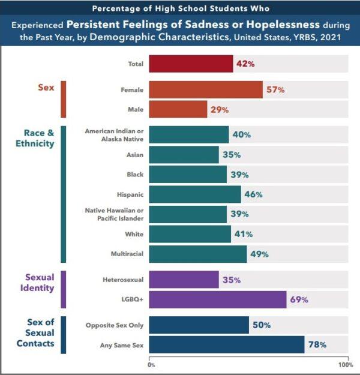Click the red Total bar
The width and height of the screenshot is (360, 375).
coord(190,64)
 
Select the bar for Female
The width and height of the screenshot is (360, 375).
coord(205,89)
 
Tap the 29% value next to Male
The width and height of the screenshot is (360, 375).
coord(220,110)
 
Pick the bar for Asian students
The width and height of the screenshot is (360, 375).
coord(183,155)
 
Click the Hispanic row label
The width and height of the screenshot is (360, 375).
coord(130,194)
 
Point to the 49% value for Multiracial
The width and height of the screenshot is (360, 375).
coord(259,254)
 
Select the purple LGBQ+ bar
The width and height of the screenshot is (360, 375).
coord(217,299)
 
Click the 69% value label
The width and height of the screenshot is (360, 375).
coord(300,299)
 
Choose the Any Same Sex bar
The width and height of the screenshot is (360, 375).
coord(226,345)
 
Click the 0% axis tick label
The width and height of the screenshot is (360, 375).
coord(151,364)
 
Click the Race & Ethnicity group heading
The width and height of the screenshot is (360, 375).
coord(39,138)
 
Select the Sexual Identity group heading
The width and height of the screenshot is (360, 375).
coord(39,283)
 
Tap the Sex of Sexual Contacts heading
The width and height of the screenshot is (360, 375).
coord(39,333)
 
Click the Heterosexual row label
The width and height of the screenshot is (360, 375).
coord(119,280)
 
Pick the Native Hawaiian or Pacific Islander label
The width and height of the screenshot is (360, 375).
coord(115,214)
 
